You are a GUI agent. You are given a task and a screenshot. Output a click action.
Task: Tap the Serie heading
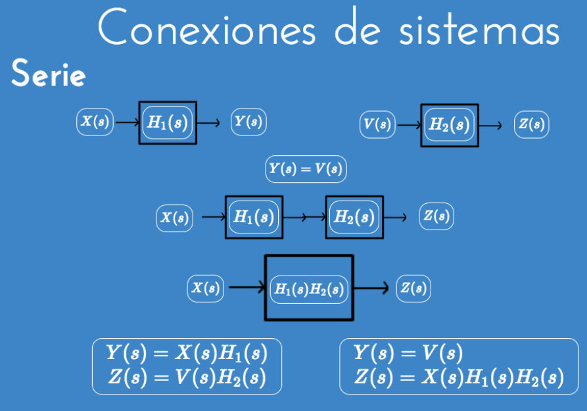(48, 76)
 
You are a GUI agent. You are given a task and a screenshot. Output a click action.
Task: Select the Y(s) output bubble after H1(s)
(248, 122)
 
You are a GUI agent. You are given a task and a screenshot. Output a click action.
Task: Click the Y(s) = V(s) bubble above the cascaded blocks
(306, 169)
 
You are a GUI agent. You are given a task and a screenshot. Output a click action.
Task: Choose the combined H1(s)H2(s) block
(309, 288)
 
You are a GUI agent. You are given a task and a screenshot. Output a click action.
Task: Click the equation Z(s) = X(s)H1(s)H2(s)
(458, 378)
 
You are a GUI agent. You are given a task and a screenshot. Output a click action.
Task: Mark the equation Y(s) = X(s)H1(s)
(187, 354)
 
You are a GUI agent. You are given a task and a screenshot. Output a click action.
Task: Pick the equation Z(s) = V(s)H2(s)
(187, 378)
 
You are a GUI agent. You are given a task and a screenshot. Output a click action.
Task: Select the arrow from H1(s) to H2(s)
(304, 217)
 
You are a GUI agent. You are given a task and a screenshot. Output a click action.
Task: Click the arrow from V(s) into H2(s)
(408, 125)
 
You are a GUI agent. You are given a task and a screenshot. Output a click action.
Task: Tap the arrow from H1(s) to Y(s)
(209, 122)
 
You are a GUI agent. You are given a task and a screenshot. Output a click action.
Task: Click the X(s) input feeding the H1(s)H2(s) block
(206, 288)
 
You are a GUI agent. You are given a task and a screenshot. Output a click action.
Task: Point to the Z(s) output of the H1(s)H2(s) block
(413, 288)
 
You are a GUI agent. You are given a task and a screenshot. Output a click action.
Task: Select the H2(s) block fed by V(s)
(450, 125)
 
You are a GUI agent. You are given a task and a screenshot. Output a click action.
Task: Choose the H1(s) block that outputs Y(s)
(168, 122)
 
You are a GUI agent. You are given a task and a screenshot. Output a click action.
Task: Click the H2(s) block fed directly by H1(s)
(354, 217)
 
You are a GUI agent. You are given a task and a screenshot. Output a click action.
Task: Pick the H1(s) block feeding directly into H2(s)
(254, 217)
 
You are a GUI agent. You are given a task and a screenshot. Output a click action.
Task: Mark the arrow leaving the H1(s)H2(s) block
(373, 288)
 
